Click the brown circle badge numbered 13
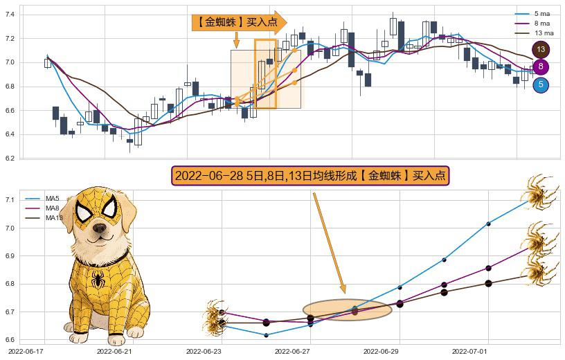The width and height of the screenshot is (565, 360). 541,49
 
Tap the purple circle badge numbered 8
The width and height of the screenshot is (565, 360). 541,67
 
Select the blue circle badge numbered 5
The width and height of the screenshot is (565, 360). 541,84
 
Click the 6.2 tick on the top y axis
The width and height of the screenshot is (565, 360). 10,159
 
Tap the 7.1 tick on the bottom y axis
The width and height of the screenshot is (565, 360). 10,200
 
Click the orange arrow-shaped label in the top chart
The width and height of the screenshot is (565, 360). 239,22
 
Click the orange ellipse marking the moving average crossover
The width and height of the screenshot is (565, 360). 347,310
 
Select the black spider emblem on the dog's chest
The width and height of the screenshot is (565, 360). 98,280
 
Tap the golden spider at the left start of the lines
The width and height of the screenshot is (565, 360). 216,319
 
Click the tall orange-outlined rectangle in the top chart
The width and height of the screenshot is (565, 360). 265,73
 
